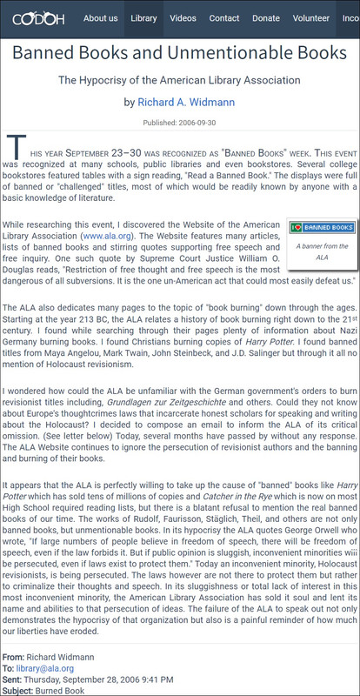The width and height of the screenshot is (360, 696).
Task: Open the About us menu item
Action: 101,18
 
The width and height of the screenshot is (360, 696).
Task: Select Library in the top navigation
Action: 143,18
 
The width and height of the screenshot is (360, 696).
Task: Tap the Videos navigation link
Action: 183,18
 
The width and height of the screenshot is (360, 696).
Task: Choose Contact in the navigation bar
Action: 224,18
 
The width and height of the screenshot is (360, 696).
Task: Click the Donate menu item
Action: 266,18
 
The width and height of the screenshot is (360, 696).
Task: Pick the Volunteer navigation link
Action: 311,18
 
